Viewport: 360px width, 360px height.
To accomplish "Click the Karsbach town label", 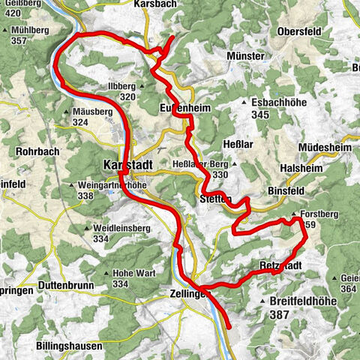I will pos(155,4).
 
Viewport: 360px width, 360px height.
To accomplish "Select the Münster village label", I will pos(245,56).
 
